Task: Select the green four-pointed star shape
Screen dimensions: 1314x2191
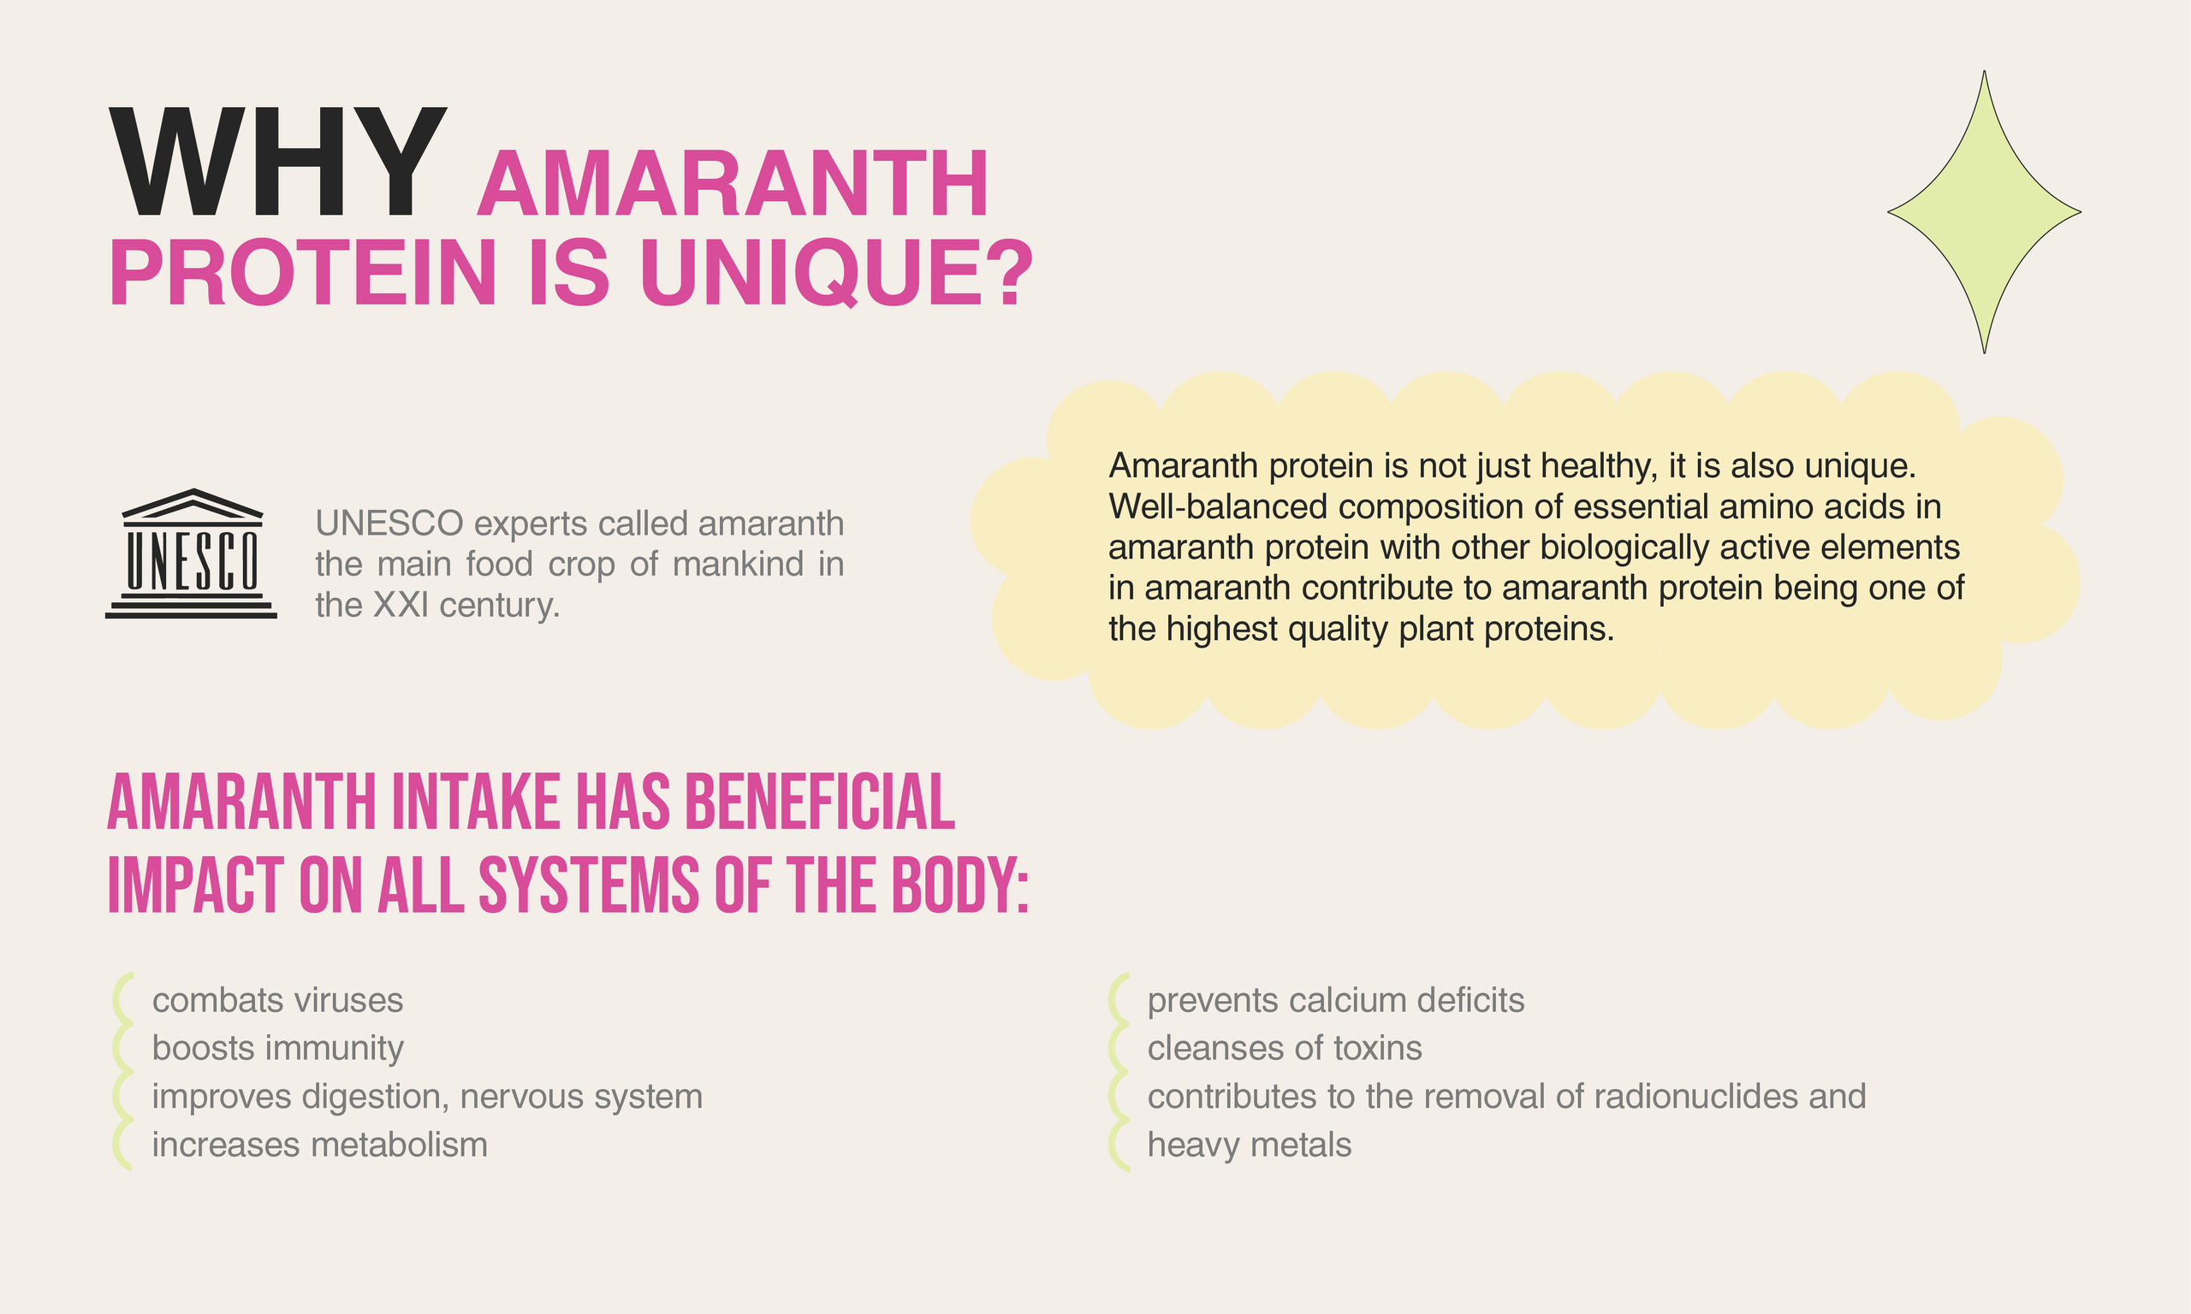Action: (x=1984, y=212)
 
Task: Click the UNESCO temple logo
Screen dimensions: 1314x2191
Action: (x=192, y=553)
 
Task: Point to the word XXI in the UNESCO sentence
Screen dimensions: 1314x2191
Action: (x=401, y=605)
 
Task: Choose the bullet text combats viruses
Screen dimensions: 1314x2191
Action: (x=277, y=1001)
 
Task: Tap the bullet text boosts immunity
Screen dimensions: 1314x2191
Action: (x=277, y=1048)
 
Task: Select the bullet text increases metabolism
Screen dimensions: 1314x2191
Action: (x=320, y=1145)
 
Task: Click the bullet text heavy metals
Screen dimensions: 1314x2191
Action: (x=1249, y=1145)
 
